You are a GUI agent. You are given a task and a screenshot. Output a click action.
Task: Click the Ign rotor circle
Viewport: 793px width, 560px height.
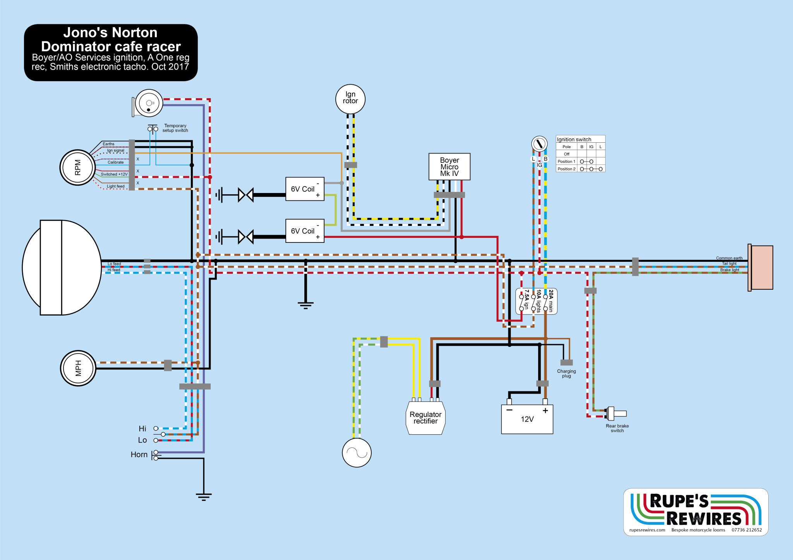(x=350, y=99)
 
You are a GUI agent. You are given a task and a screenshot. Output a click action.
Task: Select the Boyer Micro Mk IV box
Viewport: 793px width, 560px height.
(x=449, y=167)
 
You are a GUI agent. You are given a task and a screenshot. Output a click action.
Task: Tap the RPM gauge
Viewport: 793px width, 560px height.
(x=78, y=167)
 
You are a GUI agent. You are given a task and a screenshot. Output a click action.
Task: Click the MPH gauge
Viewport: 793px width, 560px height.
(x=78, y=368)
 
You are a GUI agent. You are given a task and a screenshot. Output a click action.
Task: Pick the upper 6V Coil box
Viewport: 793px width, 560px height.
(x=305, y=189)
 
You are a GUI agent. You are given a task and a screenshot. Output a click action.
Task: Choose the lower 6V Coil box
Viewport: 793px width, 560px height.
(x=305, y=231)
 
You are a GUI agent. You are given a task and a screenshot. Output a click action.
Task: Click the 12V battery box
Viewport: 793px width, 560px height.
(x=527, y=419)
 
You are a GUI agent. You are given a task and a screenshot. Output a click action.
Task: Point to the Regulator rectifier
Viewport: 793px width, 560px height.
(x=426, y=418)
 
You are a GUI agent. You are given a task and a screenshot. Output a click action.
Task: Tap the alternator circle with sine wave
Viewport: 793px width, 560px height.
(x=357, y=452)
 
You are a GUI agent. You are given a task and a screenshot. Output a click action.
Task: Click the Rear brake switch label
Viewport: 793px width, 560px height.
(x=617, y=428)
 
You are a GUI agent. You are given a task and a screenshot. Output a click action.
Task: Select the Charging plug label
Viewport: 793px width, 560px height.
(x=566, y=374)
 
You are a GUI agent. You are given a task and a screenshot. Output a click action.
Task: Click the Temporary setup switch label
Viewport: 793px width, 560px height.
(x=175, y=128)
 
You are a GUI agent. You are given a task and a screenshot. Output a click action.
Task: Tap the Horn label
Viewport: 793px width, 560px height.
(x=139, y=454)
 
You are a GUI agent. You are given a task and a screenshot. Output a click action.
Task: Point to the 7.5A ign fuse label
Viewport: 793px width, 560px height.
(x=527, y=299)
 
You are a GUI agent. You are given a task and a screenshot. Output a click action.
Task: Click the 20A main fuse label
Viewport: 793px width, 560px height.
(x=551, y=301)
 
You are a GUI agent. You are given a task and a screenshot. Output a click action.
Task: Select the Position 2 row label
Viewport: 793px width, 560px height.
(x=566, y=169)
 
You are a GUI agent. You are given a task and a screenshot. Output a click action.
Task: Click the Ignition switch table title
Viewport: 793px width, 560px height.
(x=574, y=139)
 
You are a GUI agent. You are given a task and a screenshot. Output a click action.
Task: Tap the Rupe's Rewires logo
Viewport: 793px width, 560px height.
(x=696, y=512)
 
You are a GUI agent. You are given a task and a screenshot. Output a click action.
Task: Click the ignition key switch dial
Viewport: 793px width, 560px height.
(x=539, y=144)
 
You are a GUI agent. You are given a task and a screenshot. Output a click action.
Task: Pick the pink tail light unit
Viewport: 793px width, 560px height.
(x=760, y=268)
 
